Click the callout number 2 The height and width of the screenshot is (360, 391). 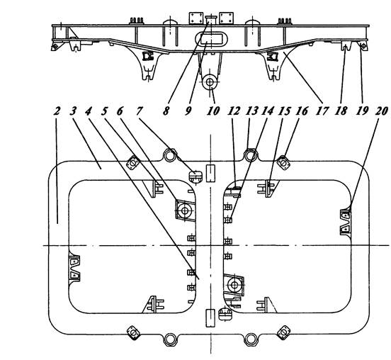point(57,111)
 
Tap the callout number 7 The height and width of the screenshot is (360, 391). point(140,111)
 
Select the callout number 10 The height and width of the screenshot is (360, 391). point(213,111)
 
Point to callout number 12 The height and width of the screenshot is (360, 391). point(234,111)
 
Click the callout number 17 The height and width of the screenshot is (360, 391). point(322,111)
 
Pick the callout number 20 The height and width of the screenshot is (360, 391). point(382,111)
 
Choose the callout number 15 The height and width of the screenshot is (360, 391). point(285,111)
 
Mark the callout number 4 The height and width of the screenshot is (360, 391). point(89,111)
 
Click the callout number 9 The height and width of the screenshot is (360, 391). point(188,111)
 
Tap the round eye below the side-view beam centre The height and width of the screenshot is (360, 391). point(210,82)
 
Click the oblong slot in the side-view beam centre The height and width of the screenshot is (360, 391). point(212,39)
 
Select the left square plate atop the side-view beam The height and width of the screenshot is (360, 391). point(196,18)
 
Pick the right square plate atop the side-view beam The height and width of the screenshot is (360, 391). point(226,18)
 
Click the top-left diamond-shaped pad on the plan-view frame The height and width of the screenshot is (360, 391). point(132,163)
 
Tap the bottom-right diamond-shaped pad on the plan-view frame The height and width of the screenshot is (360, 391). point(283,332)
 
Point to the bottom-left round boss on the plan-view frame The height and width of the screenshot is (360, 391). point(170,339)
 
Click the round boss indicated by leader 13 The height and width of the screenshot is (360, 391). point(250,155)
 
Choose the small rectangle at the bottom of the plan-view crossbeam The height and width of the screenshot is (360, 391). point(210,318)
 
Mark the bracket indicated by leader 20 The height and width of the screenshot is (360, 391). point(346,222)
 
